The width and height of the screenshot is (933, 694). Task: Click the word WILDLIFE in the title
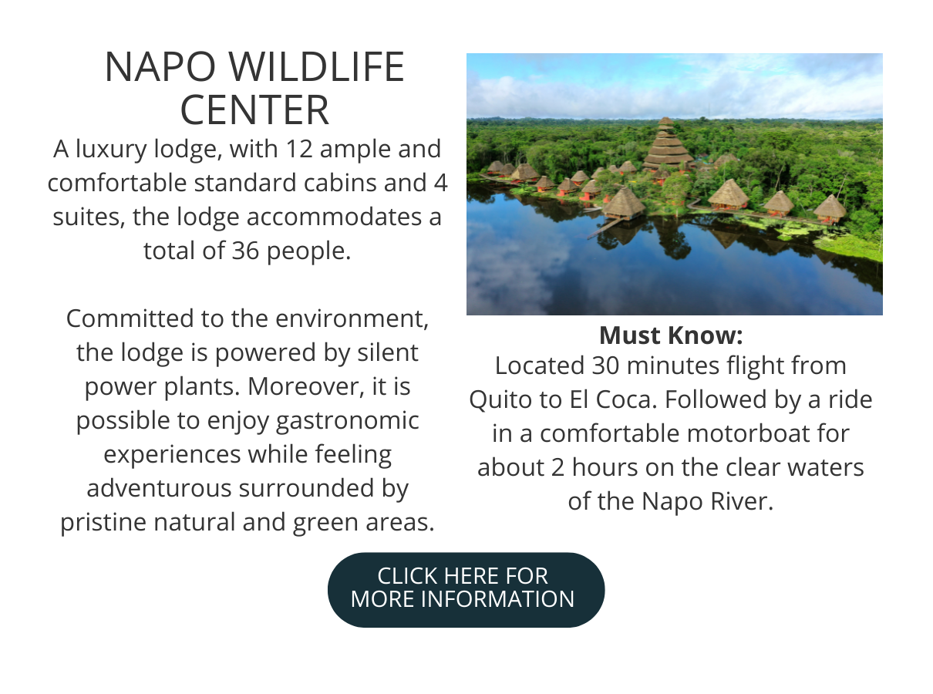(x=316, y=66)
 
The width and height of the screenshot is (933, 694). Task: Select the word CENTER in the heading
(x=254, y=110)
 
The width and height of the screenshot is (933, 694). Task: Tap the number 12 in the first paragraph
(x=299, y=149)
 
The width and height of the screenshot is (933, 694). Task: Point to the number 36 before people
(x=245, y=251)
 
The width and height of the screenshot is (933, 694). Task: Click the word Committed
(x=130, y=318)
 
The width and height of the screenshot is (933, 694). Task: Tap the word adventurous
(x=159, y=488)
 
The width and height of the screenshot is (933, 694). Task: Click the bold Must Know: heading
(x=671, y=335)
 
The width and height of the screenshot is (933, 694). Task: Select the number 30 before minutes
(x=605, y=366)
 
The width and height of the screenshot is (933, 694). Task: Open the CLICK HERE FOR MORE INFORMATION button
(x=466, y=590)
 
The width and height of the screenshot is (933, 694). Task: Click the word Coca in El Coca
(x=626, y=399)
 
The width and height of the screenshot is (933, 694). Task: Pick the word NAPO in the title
(x=160, y=66)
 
